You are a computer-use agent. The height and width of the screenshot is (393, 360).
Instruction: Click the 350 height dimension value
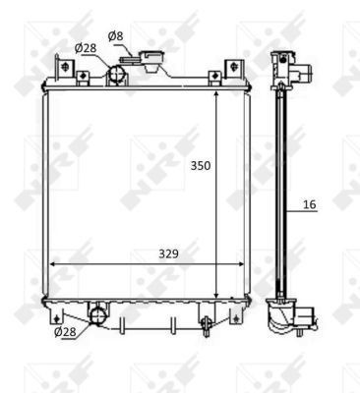(201, 166)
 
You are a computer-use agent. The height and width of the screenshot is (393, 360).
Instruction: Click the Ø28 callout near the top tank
(87, 48)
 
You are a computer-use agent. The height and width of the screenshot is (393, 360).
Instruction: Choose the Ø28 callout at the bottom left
(66, 332)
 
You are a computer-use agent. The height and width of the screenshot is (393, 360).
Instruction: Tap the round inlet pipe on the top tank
(117, 73)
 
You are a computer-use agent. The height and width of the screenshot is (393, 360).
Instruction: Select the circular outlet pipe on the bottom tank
(97, 314)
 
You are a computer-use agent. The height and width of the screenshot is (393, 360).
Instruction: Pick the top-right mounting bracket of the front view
(234, 69)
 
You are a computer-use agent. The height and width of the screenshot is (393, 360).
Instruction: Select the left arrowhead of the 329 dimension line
(52, 263)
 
